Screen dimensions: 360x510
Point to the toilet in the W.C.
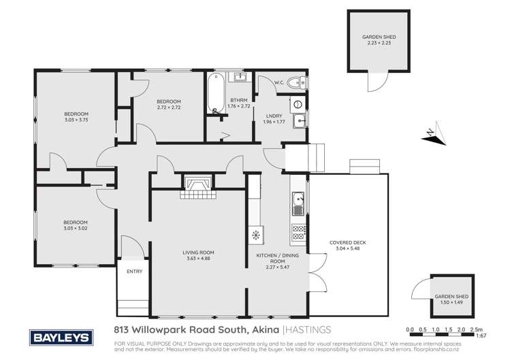[x=293, y=84]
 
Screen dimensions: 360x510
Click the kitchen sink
[x=298, y=200]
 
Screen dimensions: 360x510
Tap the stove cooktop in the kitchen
[x=298, y=231]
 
